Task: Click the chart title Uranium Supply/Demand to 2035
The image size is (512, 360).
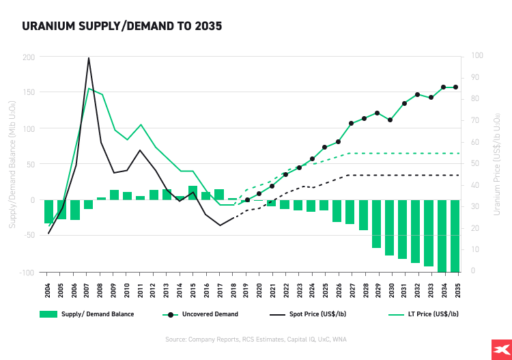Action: pyautogui.click(x=122, y=27)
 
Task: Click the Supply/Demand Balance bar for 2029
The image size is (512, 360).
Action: pyautogui.click(x=377, y=224)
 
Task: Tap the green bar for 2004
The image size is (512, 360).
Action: pyautogui.click(x=48, y=212)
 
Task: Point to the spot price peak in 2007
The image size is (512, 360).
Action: pyautogui.click(x=89, y=58)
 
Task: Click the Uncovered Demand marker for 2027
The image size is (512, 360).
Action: pyautogui.click(x=351, y=124)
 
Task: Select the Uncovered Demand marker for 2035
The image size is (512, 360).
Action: pyautogui.click(x=455, y=87)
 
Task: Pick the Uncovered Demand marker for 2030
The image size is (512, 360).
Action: pyautogui.click(x=390, y=120)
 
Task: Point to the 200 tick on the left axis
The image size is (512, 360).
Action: pyautogui.click(x=29, y=57)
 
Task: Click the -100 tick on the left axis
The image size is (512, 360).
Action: pyautogui.click(x=27, y=273)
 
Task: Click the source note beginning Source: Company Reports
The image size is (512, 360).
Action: pyautogui.click(x=256, y=340)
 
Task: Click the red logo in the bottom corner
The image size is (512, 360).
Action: pyautogui.click(x=496, y=349)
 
